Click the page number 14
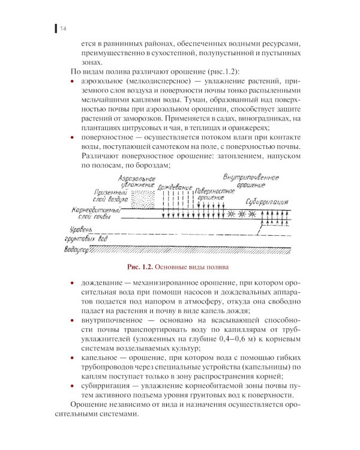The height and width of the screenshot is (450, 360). [62, 28]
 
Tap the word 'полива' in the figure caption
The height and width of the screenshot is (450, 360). [218, 266]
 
